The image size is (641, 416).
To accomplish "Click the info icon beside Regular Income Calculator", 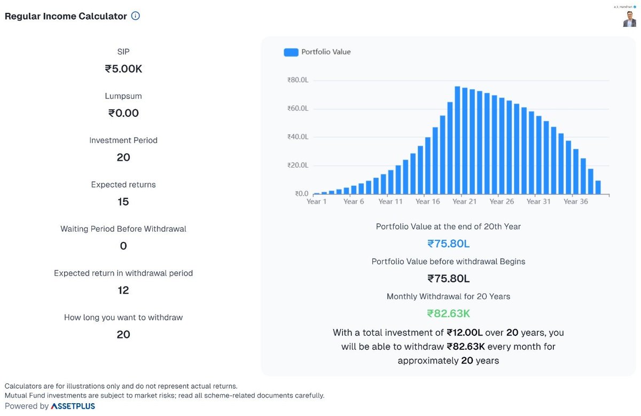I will point(135,16).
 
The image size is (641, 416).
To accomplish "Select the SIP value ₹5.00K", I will point(123,69).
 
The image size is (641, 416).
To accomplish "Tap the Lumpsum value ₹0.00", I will point(123,113).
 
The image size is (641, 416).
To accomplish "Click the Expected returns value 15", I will point(123,202).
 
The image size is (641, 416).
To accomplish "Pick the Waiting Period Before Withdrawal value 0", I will point(123,246).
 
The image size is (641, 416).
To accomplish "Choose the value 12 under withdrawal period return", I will point(123,291).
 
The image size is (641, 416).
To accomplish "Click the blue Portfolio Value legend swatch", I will point(291,52).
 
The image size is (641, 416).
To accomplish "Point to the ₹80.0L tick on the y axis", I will point(298,80).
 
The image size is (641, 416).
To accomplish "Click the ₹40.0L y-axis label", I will point(298,137).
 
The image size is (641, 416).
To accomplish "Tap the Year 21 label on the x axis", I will point(464,202).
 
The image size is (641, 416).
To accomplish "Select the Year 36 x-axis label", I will point(575,202).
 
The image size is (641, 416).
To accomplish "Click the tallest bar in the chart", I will point(458,140).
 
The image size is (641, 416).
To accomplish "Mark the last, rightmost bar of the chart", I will point(598,187).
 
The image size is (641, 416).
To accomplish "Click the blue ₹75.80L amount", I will point(448,244).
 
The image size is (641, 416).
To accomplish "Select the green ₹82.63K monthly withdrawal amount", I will point(448,313).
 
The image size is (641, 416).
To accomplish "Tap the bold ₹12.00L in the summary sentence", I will point(464,333).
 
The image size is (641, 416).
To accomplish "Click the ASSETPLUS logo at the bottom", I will point(73,406).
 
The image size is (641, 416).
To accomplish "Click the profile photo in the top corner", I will point(629,19).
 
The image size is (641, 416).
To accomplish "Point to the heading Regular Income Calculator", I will point(66,16).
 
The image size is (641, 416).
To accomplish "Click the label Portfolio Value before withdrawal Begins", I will point(448,262).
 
